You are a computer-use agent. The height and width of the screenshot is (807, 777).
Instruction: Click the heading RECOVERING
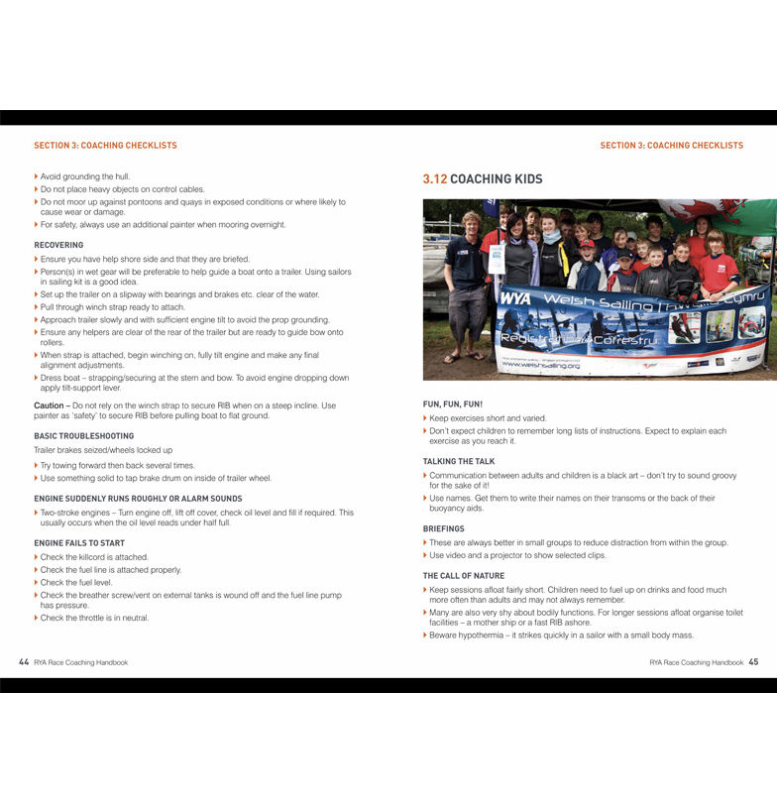click(x=58, y=245)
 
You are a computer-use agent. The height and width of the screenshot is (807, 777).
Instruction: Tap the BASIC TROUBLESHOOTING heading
click(x=83, y=436)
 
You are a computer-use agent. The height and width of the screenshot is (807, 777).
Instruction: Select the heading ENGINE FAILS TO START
click(x=79, y=543)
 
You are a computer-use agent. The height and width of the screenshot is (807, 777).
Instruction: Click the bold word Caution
click(x=50, y=405)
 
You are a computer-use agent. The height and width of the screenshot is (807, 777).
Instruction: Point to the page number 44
click(x=24, y=661)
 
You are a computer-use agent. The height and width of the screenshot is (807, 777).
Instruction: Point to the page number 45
click(x=753, y=661)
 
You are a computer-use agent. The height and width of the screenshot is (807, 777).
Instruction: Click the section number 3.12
click(x=435, y=179)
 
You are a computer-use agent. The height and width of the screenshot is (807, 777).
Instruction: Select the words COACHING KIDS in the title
click(x=497, y=179)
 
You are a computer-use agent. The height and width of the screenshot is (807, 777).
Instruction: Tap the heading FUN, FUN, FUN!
click(x=453, y=404)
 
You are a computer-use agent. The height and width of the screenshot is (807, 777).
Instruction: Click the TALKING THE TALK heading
click(x=459, y=461)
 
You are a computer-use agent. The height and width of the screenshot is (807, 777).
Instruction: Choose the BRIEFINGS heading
click(x=443, y=529)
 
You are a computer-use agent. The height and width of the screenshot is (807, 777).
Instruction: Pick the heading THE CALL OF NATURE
click(x=464, y=576)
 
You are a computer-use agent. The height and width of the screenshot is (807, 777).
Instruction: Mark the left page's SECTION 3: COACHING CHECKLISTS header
click(x=105, y=146)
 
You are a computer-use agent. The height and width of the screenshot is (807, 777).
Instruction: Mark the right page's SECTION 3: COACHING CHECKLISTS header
click(x=671, y=146)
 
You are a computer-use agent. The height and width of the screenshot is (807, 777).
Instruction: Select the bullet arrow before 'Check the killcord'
click(x=37, y=557)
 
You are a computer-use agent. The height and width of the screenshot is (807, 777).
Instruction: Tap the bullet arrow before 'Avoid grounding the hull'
click(x=37, y=176)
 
